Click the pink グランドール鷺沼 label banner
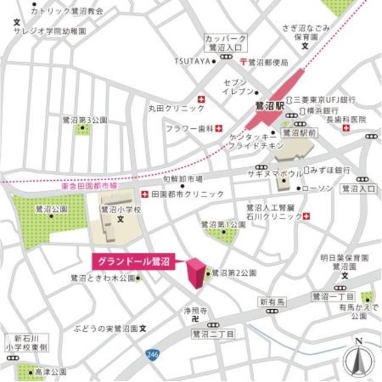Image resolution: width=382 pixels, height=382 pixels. pyautogui.click(x=131, y=261)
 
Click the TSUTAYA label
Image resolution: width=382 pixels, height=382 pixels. pyautogui.click(x=192, y=61)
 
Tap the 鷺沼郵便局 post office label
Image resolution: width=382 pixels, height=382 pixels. pyautogui.click(x=268, y=62)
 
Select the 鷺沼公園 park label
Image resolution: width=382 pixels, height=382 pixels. pyautogui.click(x=50, y=210)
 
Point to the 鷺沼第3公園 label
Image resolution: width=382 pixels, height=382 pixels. pyautogui.click(x=85, y=120)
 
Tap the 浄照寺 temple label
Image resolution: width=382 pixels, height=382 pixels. pyautogui.click(x=195, y=311)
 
